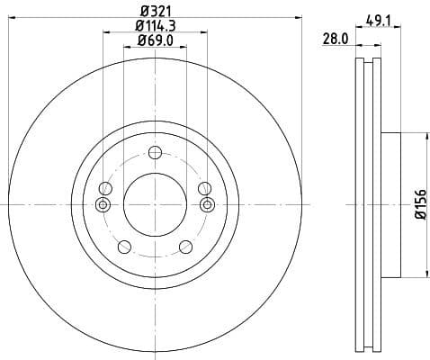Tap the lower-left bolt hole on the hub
tap(124, 247)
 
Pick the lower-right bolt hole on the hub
tap(185, 247)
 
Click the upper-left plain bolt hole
tap(105, 189)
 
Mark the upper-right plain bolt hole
tap(204, 189)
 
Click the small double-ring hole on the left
tap(101, 205)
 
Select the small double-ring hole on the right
tap(209, 205)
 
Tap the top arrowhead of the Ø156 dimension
tap(424, 136)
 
